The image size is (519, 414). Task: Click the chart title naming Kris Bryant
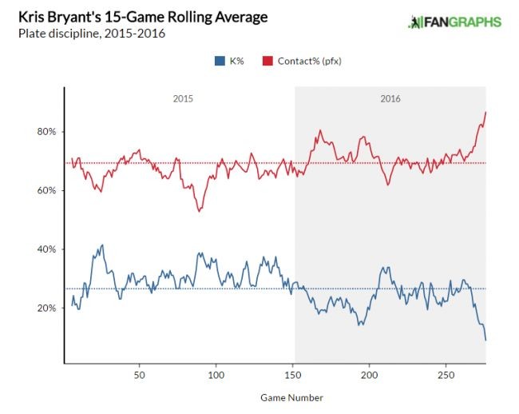coord(143,17)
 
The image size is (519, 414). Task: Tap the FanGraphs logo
coord(454,22)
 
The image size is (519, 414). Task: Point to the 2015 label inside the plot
coord(183,99)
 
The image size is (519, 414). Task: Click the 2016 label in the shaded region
coord(390,99)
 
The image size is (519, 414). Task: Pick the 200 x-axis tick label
coord(369,374)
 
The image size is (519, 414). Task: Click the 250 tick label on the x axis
coord(446,374)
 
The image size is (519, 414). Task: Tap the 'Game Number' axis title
coord(291,397)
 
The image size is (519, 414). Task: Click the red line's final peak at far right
coord(485,112)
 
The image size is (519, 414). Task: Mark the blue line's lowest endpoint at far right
coord(485,340)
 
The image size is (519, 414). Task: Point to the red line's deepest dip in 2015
coord(198,211)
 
